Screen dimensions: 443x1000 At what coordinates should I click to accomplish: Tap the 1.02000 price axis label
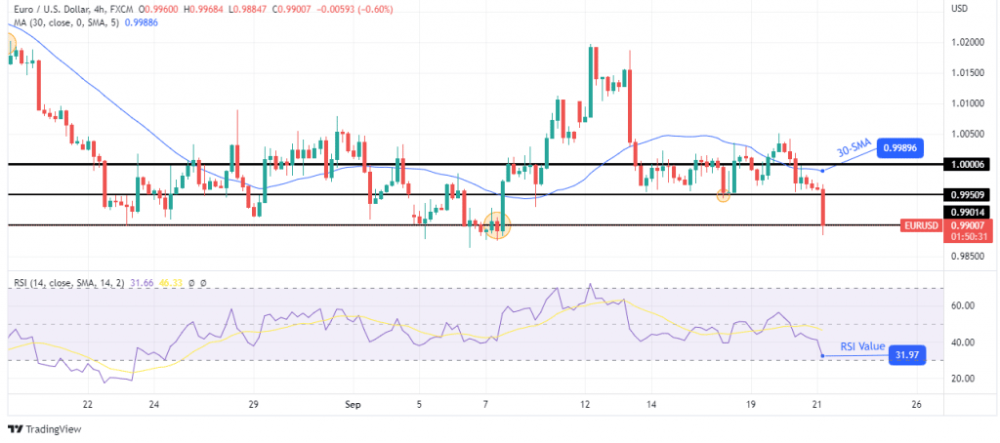coord(965,42)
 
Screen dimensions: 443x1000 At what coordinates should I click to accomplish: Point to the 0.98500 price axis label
coord(965,257)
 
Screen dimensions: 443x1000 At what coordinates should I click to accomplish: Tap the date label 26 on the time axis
coord(915,403)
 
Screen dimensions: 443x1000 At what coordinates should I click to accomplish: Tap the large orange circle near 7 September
coord(498,226)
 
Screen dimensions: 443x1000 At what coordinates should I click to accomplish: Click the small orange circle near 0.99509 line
coord(723,195)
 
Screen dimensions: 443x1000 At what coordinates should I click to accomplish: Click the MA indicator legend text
coord(68,23)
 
